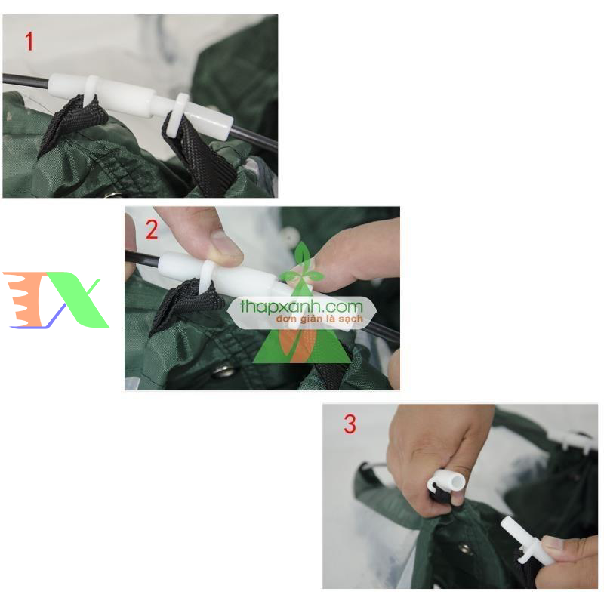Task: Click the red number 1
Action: pyautogui.click(x=29, y=41)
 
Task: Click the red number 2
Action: pyautogui.click(x=152, y=230)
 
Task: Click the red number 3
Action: pyautogui.click(x=350, y=424)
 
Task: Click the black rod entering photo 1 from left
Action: pyautogui.click(x=23, y=79)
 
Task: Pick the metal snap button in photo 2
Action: pyautogui.click(x=223, y=371)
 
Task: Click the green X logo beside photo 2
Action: pyautogui.click(x=80, y=300)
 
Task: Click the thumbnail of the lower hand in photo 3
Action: pyautogui.click(x=554, y=542)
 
